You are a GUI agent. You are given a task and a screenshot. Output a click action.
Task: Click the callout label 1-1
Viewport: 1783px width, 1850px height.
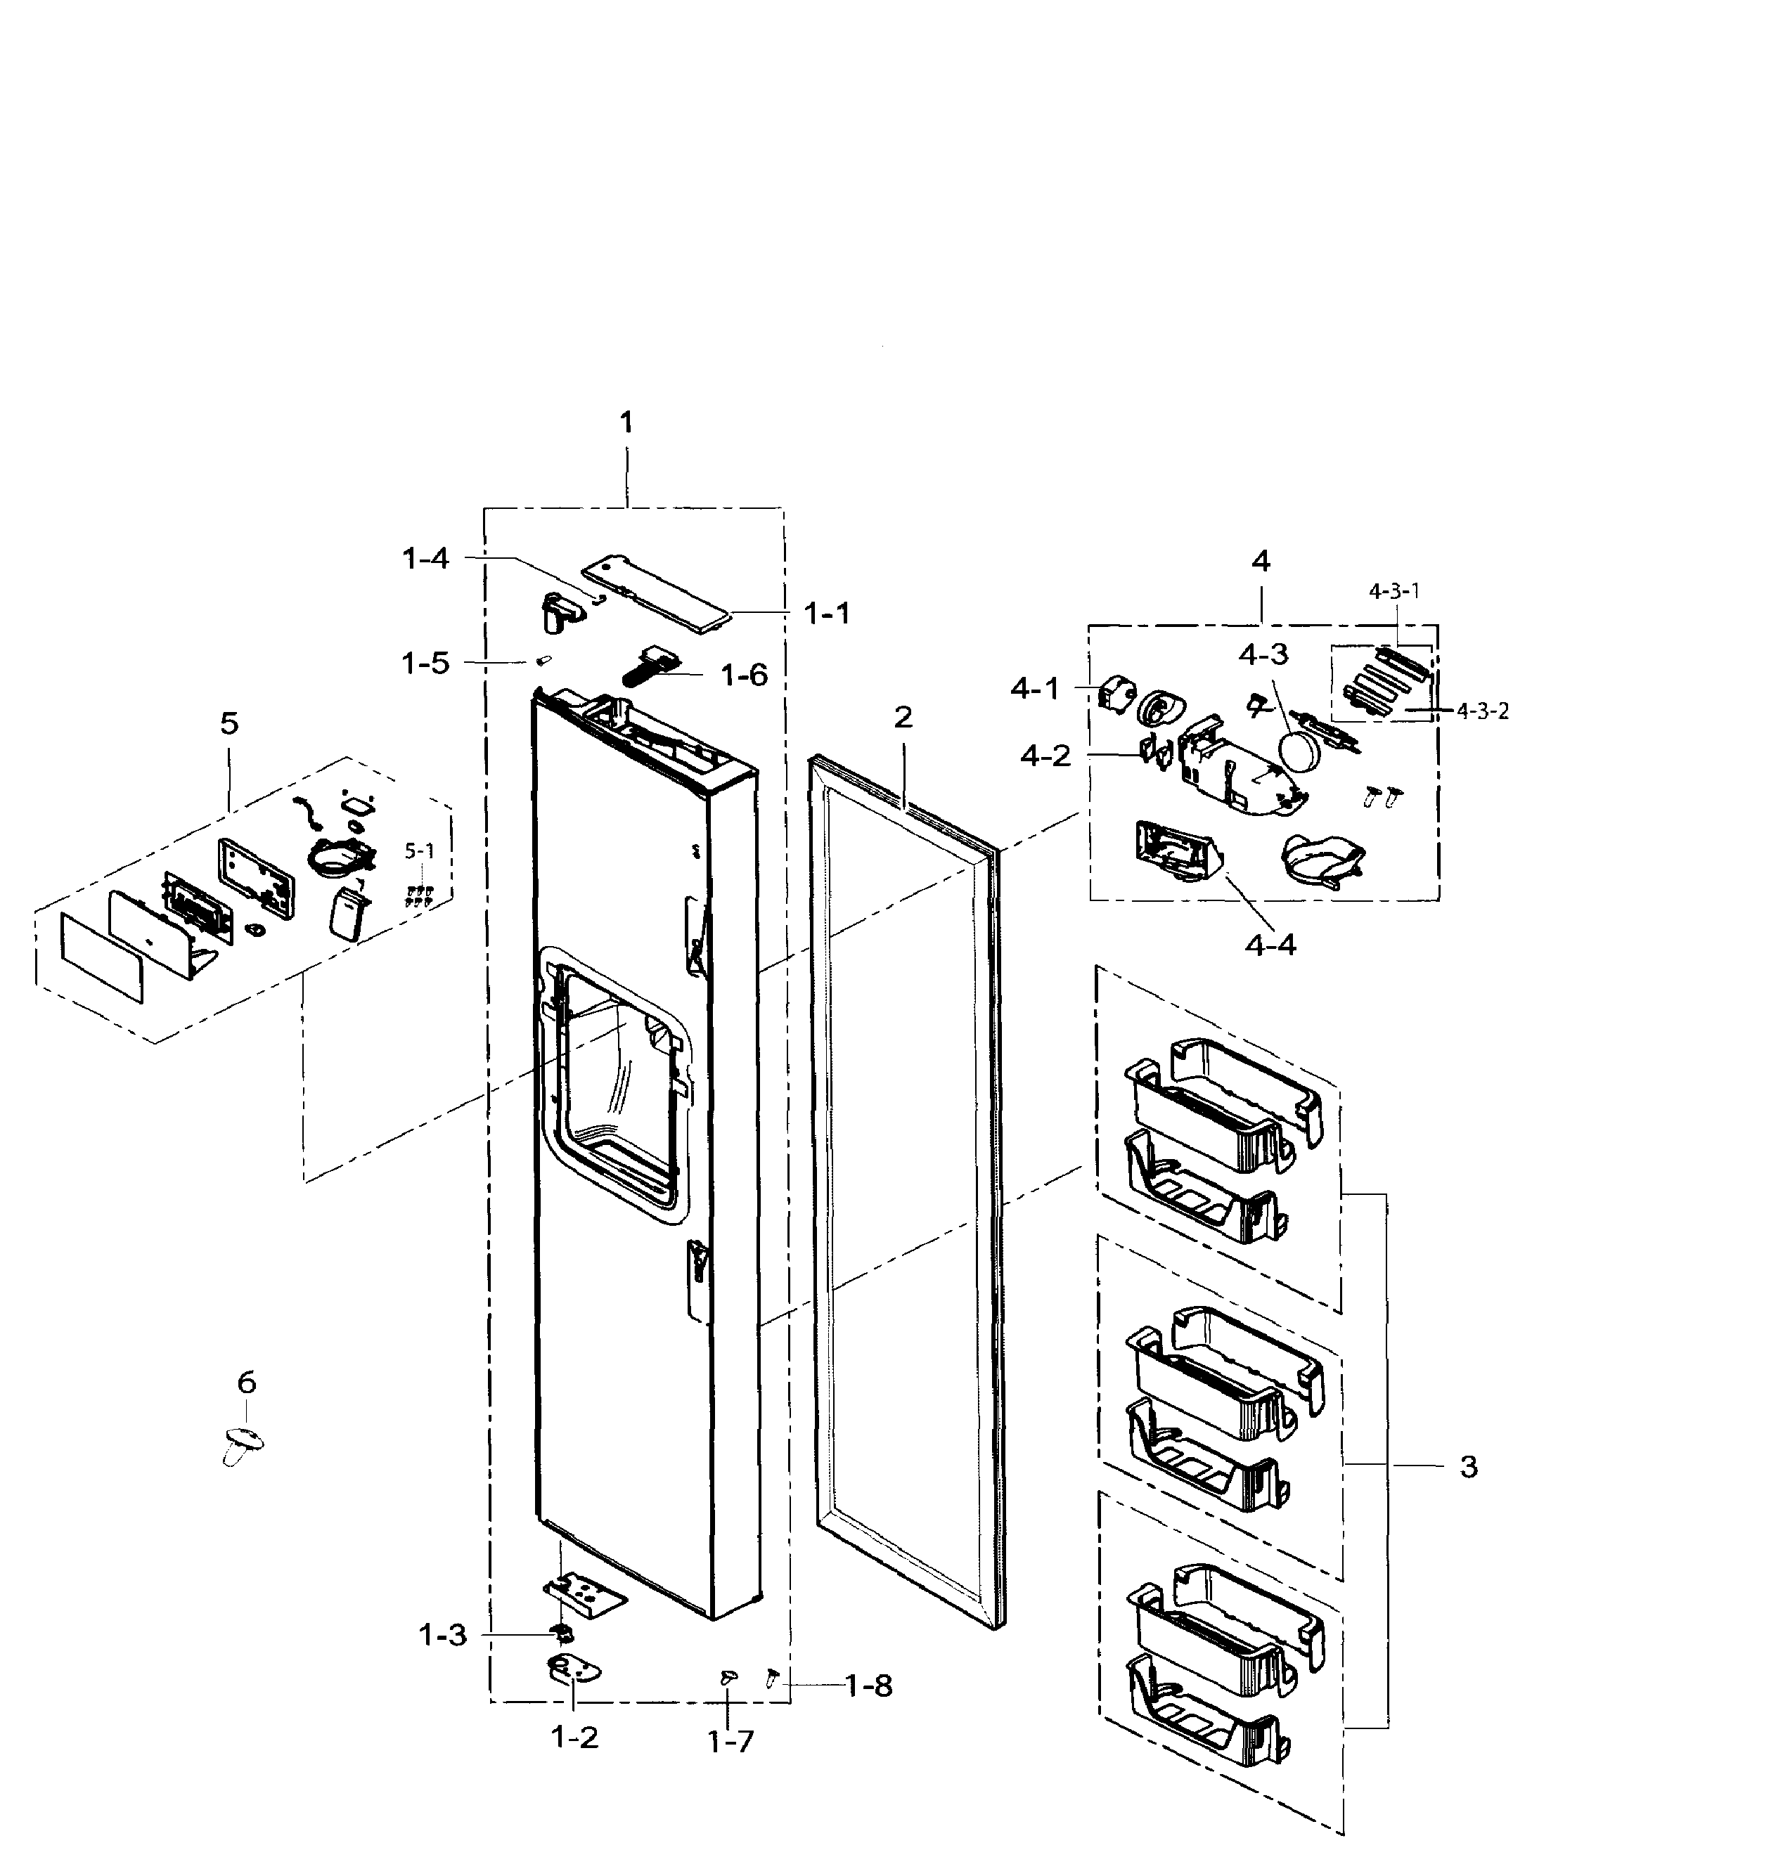[x=827, y=614]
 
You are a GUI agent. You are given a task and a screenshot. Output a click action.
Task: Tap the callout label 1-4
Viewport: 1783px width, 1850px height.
[x=425, y=559]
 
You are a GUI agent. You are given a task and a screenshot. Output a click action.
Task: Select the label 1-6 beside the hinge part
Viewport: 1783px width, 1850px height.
[x=744, y=675]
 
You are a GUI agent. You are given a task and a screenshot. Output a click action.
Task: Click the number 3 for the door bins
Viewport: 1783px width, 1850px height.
[x=1468, y=1467]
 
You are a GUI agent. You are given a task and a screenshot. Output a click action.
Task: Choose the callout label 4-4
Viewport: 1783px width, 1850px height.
[x=1270, y=943]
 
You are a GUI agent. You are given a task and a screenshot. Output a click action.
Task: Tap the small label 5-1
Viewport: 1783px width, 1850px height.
[x=420, y=850]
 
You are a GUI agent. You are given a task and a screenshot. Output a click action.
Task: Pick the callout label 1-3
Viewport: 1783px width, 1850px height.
[x=443, y=1635]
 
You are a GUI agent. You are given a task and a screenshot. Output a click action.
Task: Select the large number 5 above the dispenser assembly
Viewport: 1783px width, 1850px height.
[x=229, y=724]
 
